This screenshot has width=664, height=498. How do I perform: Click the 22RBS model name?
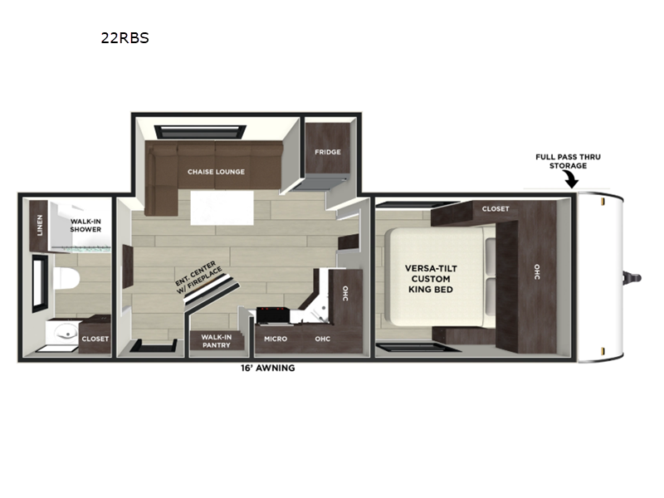[x=125, y=38]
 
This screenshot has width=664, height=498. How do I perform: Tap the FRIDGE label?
[x=327, y=152]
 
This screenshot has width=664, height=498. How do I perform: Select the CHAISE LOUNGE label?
[x=216, y=172]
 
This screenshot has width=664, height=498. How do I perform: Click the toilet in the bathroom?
[x=67, y=278]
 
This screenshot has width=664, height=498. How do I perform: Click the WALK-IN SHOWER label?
[x=85, y=225]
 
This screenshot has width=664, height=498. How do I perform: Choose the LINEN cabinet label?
[x=40, y=225]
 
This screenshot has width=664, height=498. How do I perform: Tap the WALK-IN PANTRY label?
[x=217, y=341]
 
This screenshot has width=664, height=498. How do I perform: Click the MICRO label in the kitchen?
[x=276, y=339]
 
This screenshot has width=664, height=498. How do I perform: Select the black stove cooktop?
[x=273, y=315]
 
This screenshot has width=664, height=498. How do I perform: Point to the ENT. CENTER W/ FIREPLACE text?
[x=198, y=277]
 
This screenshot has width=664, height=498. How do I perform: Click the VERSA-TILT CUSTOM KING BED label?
[x=431, y=279]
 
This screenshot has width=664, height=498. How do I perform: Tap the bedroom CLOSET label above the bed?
[x=496, y=209]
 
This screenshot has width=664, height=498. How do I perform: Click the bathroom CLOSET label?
[x=95, y=339]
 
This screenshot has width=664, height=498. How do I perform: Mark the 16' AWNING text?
[x=268, y=368]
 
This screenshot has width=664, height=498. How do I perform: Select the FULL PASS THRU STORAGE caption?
[x=568, y=161]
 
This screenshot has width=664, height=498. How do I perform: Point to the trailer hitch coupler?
[x=632, y=278]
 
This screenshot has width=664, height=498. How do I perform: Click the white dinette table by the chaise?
[x=222, y=207]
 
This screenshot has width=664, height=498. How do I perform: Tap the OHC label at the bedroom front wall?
[x=537, y=272]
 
